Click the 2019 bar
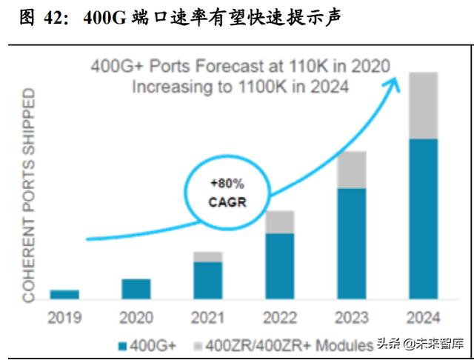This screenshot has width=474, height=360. (64, 294)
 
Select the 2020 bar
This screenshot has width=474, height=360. (136, 289)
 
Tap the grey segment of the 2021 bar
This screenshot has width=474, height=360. (208, 256)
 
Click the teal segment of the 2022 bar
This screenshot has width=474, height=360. (280, 266)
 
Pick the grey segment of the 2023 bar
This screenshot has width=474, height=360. (352, 170)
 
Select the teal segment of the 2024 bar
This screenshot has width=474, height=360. (423, 219)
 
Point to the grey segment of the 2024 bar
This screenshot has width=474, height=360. (423, 105)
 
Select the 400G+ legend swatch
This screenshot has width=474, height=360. (122, 344)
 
